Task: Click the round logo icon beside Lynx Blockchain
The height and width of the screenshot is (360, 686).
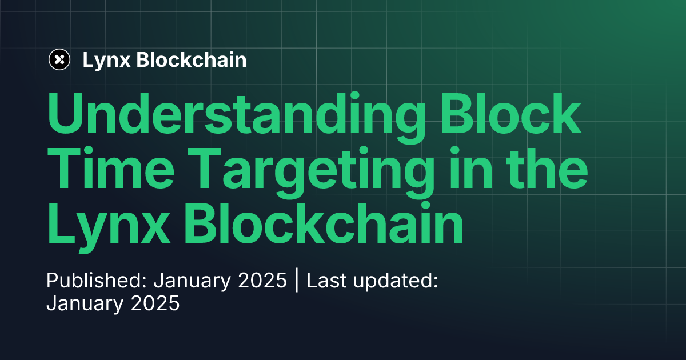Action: coord(59,59)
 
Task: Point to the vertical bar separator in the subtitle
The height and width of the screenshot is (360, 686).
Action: coord(297,281)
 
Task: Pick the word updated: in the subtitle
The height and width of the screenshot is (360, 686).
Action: coord(394,282)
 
